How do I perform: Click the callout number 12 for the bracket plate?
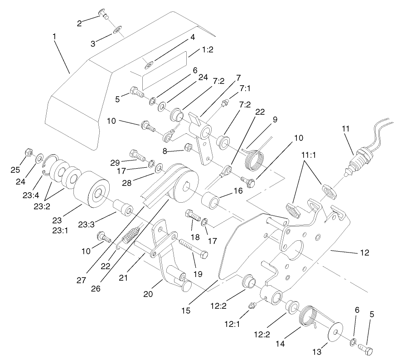point(365,253)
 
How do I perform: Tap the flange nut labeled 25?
point(29,152)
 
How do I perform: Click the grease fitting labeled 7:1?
point(223,103)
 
